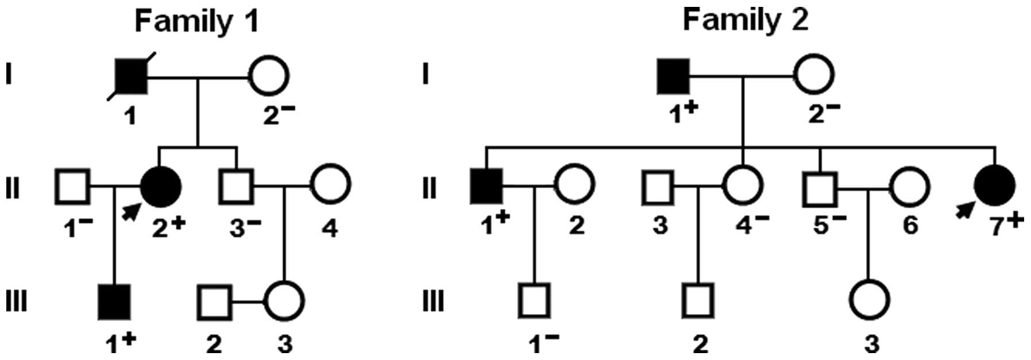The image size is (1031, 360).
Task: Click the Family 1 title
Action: tap(196, 21)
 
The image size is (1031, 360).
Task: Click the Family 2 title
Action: tap(745, 20)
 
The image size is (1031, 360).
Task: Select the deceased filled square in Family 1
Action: tap(131, 75)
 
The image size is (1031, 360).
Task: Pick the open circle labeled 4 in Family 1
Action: tap(330, 186)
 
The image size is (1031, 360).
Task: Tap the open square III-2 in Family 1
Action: tap(214, 301)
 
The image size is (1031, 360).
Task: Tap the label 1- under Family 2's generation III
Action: tap(543, 342)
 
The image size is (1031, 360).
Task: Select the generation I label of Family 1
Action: tap(8, 75)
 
